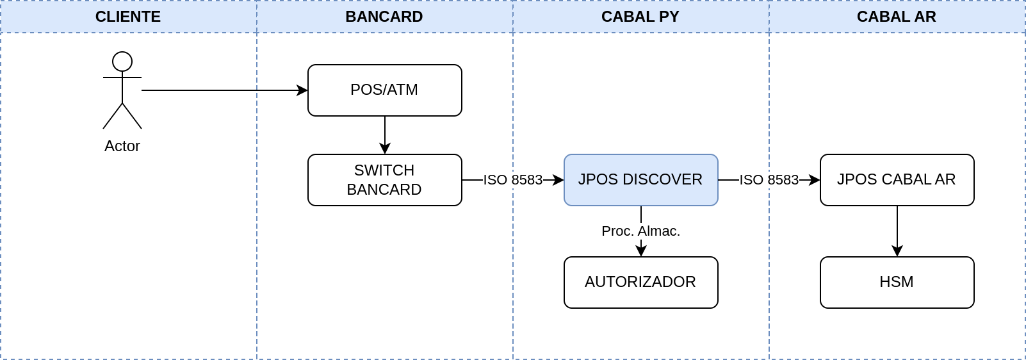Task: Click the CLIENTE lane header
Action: [128, 17]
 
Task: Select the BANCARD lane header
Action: [384, 17]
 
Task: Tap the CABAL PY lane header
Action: [640, 17]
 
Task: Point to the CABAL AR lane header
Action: [897, 17]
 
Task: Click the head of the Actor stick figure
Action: [122, 61]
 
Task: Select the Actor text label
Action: [122, 146]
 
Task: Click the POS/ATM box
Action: [385, 90]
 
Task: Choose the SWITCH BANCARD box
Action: [385, 180]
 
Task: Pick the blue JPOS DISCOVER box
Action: [641, 180]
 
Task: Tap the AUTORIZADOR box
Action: [641, 282]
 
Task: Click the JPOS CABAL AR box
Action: [897, 180]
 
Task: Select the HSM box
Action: [897, 282]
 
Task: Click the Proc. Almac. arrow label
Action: [641, 231]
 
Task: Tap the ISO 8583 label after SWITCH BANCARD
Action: [513, 180]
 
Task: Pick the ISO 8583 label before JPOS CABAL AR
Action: [769, 180]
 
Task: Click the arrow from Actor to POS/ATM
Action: [224, 90]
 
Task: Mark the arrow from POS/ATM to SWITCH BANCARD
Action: [385, 135]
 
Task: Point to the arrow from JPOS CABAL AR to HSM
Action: [897, 231]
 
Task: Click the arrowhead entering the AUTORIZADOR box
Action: [641, 250]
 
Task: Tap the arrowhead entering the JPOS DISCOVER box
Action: [558, 180]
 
